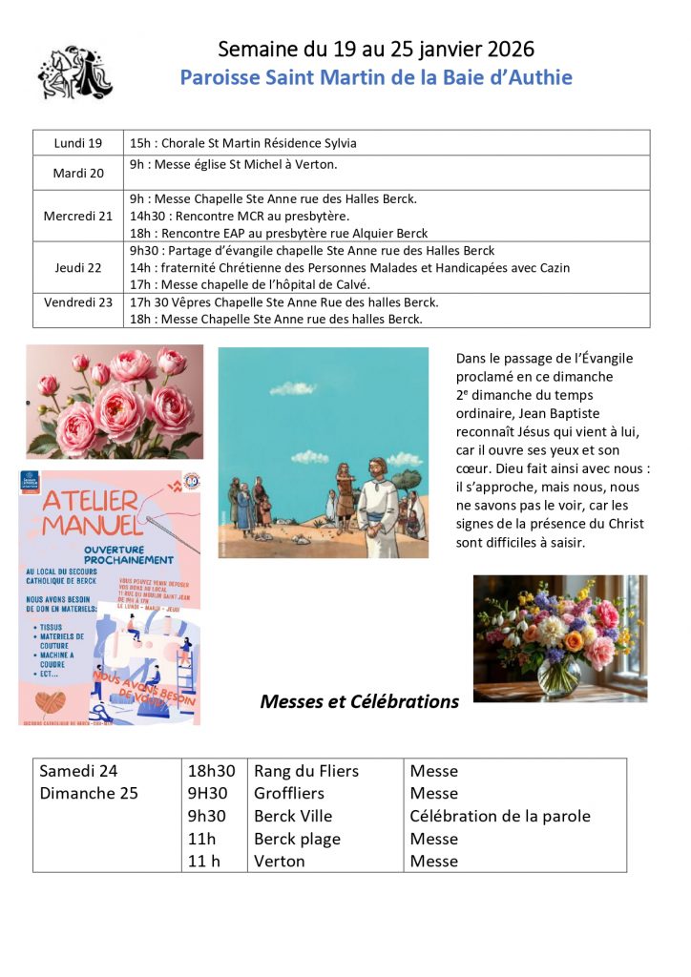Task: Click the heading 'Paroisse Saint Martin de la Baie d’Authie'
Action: (376, 77)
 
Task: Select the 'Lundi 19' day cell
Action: (78, 143)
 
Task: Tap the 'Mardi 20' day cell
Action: (78, 173)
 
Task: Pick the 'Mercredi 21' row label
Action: (78, 216)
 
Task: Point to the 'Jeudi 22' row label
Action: (78, 268)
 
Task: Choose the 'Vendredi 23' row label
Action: (78, 302)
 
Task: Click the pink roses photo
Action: (115, 402)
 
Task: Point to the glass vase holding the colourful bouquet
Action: (557, 673)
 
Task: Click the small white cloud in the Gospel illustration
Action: (292, 388)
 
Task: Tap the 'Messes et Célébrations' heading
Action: (359, 702)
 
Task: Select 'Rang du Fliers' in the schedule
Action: (306, 771)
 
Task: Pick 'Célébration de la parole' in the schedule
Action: (500, 816)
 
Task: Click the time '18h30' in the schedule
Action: (211, 771)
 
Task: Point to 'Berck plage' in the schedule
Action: (297, 839)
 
